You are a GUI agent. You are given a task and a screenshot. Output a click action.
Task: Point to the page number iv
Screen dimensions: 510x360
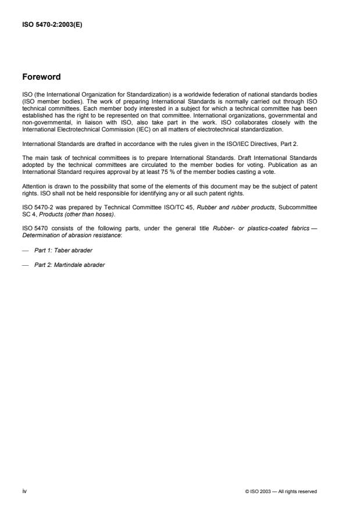point(24,491)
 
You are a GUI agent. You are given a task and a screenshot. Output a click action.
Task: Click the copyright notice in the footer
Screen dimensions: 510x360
point(281,491)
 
